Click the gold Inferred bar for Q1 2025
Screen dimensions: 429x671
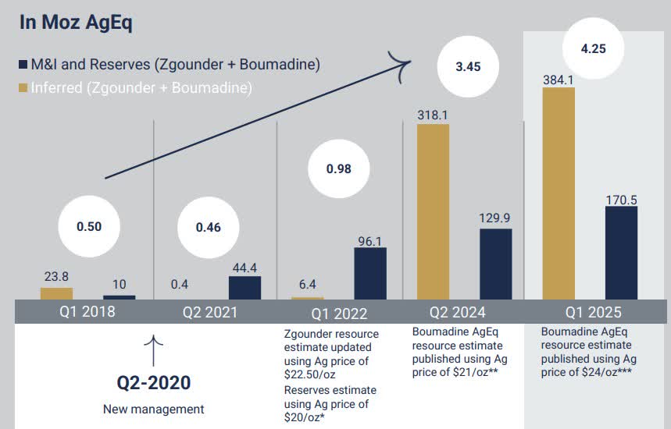559,193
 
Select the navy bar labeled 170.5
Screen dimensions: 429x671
621,253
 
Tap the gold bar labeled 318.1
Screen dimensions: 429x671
433,211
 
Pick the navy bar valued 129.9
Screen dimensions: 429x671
495,264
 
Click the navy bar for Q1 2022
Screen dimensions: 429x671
369,274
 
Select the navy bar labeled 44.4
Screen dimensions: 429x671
244,288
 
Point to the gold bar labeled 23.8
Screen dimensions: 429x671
56,293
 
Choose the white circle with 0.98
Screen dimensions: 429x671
338,168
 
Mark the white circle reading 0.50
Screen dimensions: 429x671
88,226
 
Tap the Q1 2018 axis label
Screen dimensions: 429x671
87,312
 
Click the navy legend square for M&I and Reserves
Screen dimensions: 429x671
23,65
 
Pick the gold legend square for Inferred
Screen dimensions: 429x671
23,88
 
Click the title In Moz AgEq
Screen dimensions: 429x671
75,23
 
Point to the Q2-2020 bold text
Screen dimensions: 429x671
153,383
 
